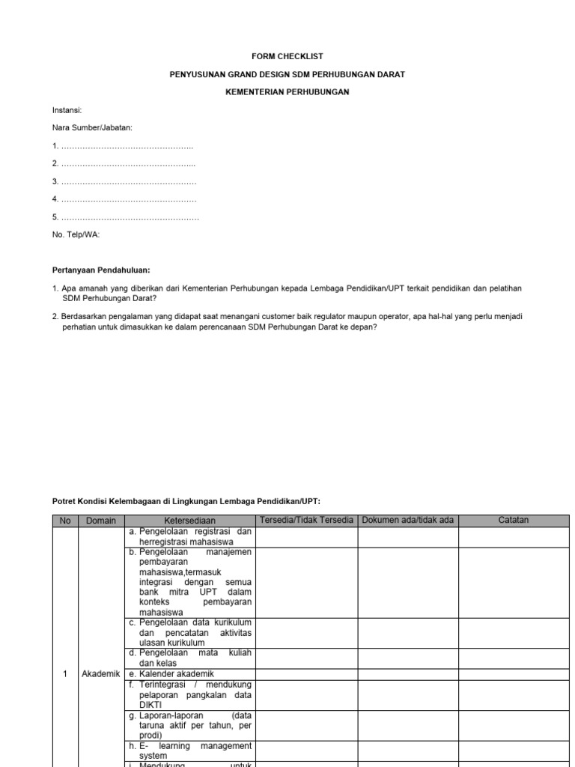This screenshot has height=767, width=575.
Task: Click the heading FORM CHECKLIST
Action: pos(287,56)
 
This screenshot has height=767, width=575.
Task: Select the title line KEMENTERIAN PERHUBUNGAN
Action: pos(287,92)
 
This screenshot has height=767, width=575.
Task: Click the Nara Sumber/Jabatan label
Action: pos(92,128)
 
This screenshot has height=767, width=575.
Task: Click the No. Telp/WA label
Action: pos(76,234)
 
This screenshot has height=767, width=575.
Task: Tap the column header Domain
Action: pos(101,521)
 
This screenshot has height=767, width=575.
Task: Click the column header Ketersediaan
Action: pos(189,521)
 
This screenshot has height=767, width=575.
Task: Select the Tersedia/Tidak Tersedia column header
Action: pos(306,521)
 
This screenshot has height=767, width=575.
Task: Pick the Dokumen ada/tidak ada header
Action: pos(408,521)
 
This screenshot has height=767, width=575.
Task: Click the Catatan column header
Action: pos(514,521)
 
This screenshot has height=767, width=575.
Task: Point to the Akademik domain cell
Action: pos(101,673)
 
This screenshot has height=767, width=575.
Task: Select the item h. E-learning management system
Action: pos(189,751)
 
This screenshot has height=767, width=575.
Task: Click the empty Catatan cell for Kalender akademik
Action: pos(514,673)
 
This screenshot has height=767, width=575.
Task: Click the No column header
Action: pos(64,521)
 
